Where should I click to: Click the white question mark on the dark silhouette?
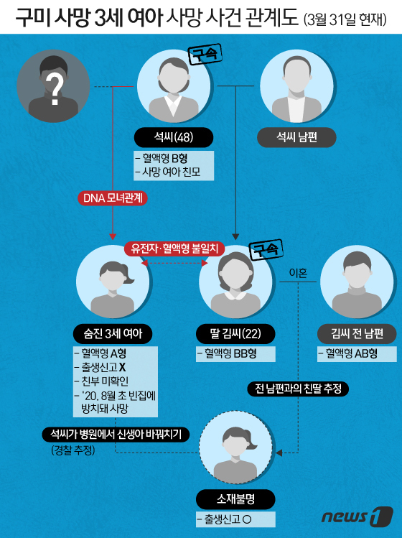click(55, 90)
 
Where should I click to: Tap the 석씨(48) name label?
click(174, 138)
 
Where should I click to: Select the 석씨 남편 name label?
click(296, 138)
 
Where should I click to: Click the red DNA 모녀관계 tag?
click(113, 198)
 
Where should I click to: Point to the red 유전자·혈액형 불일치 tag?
click(174, 249)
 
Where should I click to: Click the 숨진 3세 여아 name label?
click(113, 334)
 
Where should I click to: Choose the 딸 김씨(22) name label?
click(235, 334)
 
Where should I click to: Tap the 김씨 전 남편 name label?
click(357, 334)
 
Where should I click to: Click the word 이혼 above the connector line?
click(298, 273)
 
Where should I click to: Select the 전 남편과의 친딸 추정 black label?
click(298, 389)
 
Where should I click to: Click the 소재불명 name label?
click(235, 499)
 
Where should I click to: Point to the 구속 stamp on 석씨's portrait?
click(205, 54)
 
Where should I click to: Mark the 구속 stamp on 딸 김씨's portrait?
click(266, 249)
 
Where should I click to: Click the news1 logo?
click(357, 516)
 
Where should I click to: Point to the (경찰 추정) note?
click(73, 450)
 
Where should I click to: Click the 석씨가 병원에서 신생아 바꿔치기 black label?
click(116, 435)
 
